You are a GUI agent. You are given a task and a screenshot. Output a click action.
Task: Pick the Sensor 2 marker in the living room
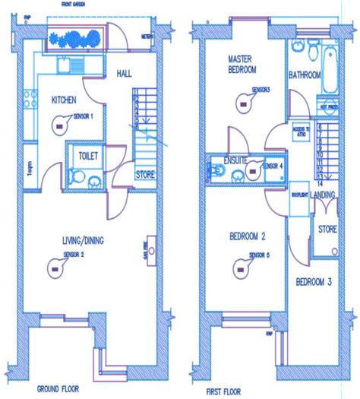tap(55, 265)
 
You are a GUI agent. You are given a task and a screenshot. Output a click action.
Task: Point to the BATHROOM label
tap(304, 75)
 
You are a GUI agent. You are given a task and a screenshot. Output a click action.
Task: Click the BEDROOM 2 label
tap(247, 236)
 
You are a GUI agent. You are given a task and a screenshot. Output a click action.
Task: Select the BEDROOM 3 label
tap(314, 282)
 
